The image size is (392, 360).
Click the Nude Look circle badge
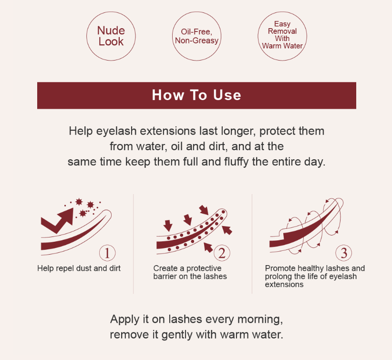[x=111, y=36]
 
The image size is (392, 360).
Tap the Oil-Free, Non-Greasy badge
[x=197, y=36]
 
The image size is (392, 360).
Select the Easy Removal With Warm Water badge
[x=282, y=36]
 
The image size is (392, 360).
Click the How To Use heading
[x=196, y=95]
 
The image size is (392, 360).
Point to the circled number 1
[x=107, y=253]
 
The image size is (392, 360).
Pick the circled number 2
[x=222, y=253]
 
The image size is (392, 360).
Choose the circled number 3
[x=343, y=253]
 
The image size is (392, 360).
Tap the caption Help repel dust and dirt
[x=79, y=268]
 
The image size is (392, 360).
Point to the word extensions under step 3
[x=284, y=285]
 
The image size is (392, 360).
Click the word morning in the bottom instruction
[x=260, y=319]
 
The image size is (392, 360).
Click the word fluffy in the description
[x=236, y=162]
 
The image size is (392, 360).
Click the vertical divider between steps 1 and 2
[x=134, y=244]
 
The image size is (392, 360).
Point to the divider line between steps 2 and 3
[x=252, y=244]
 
